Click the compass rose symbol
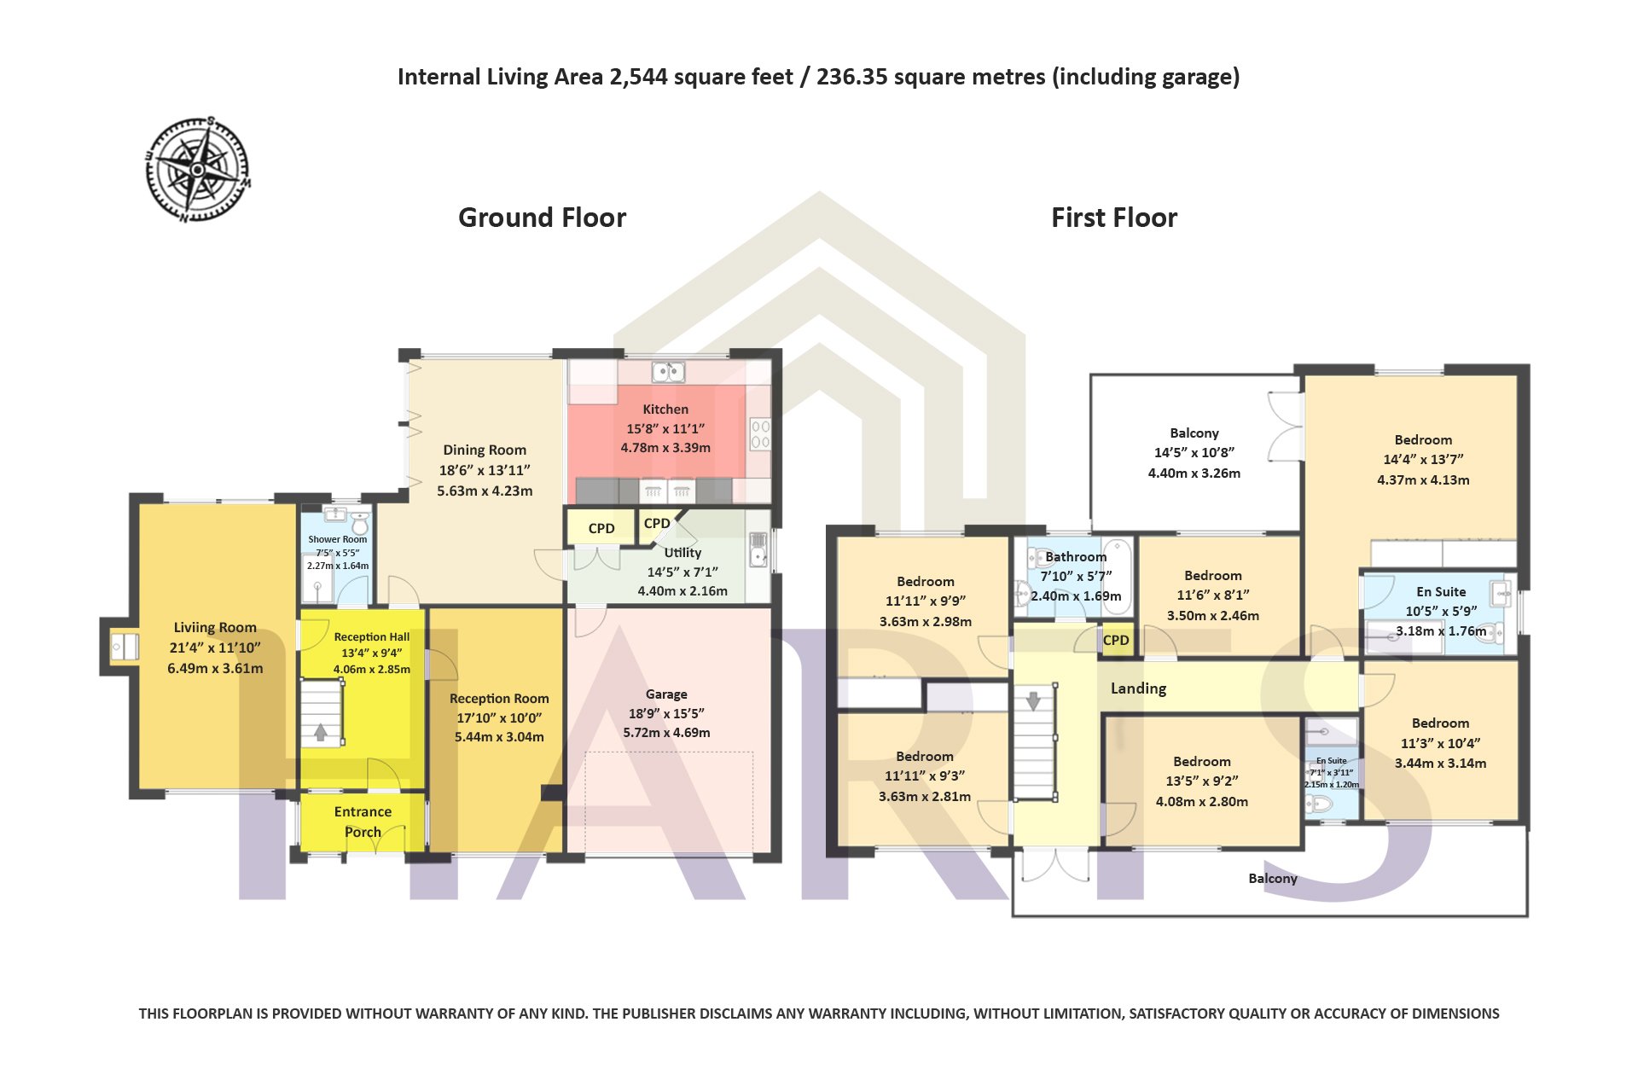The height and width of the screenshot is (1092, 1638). click(198, 169)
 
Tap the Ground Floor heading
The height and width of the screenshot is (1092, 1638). click(542, 218)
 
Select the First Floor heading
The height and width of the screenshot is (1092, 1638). click(1114, 218)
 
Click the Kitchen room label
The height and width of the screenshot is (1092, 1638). click(665, 409)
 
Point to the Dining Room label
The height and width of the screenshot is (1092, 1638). click(485, 450)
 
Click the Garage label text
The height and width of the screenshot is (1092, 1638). click(666, 694)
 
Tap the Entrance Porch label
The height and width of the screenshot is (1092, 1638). click(363, 822)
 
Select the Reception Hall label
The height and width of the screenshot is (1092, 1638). click(372, 637)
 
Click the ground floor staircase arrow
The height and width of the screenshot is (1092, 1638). click(321, 731)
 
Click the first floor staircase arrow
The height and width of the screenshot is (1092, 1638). click(1034, 701)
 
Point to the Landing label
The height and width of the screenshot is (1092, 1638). click(1138, 688)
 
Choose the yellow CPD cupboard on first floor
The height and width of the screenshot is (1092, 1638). click(1116, 641)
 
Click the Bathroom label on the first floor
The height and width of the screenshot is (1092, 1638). click(1076, 557)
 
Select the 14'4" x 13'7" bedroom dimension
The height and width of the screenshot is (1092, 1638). click(1423, 459)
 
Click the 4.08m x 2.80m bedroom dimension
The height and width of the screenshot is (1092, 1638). click(1202, 802)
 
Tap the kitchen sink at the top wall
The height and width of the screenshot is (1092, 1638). click(669, 372)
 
